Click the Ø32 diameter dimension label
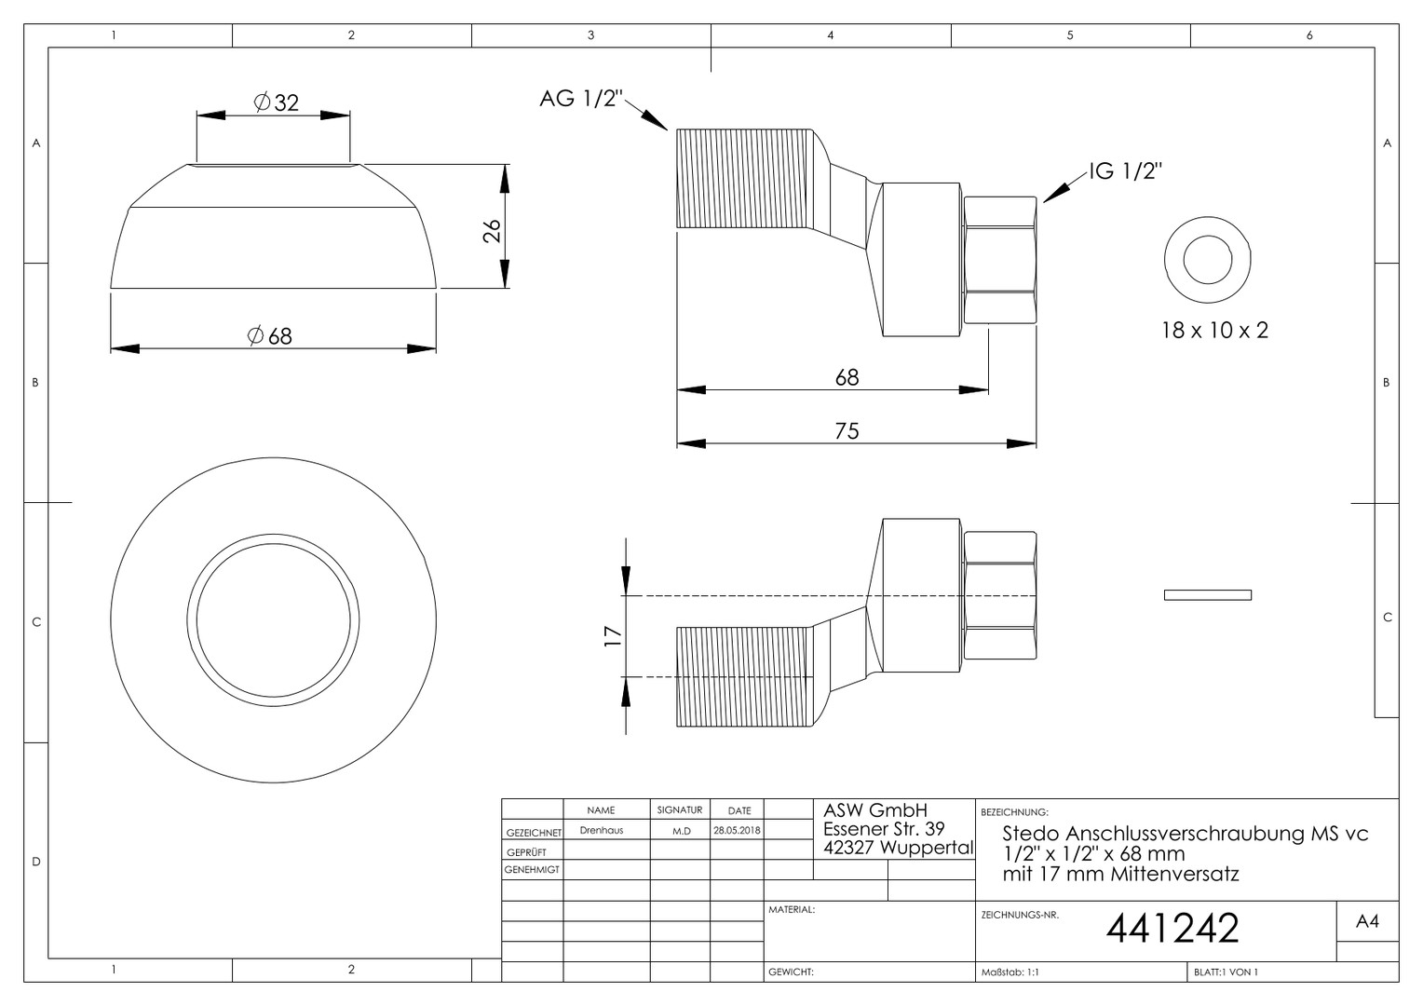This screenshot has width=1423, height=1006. click(x=277, y=102)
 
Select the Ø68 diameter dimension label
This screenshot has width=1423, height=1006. click(x=270, y=335)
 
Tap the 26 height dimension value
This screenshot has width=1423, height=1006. click(x=492, y=231)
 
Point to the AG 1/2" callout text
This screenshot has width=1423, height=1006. click(x=580, y=99)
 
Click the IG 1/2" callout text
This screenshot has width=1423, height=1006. click(x=1126, y=171)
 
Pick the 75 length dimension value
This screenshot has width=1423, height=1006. click(x=847, y=431)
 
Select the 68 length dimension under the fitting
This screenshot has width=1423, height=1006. click(x=847, y=377)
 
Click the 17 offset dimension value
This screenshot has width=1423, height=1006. click(x=613, y=636)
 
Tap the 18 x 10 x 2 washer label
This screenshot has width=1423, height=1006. click(x=1214, y=331)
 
